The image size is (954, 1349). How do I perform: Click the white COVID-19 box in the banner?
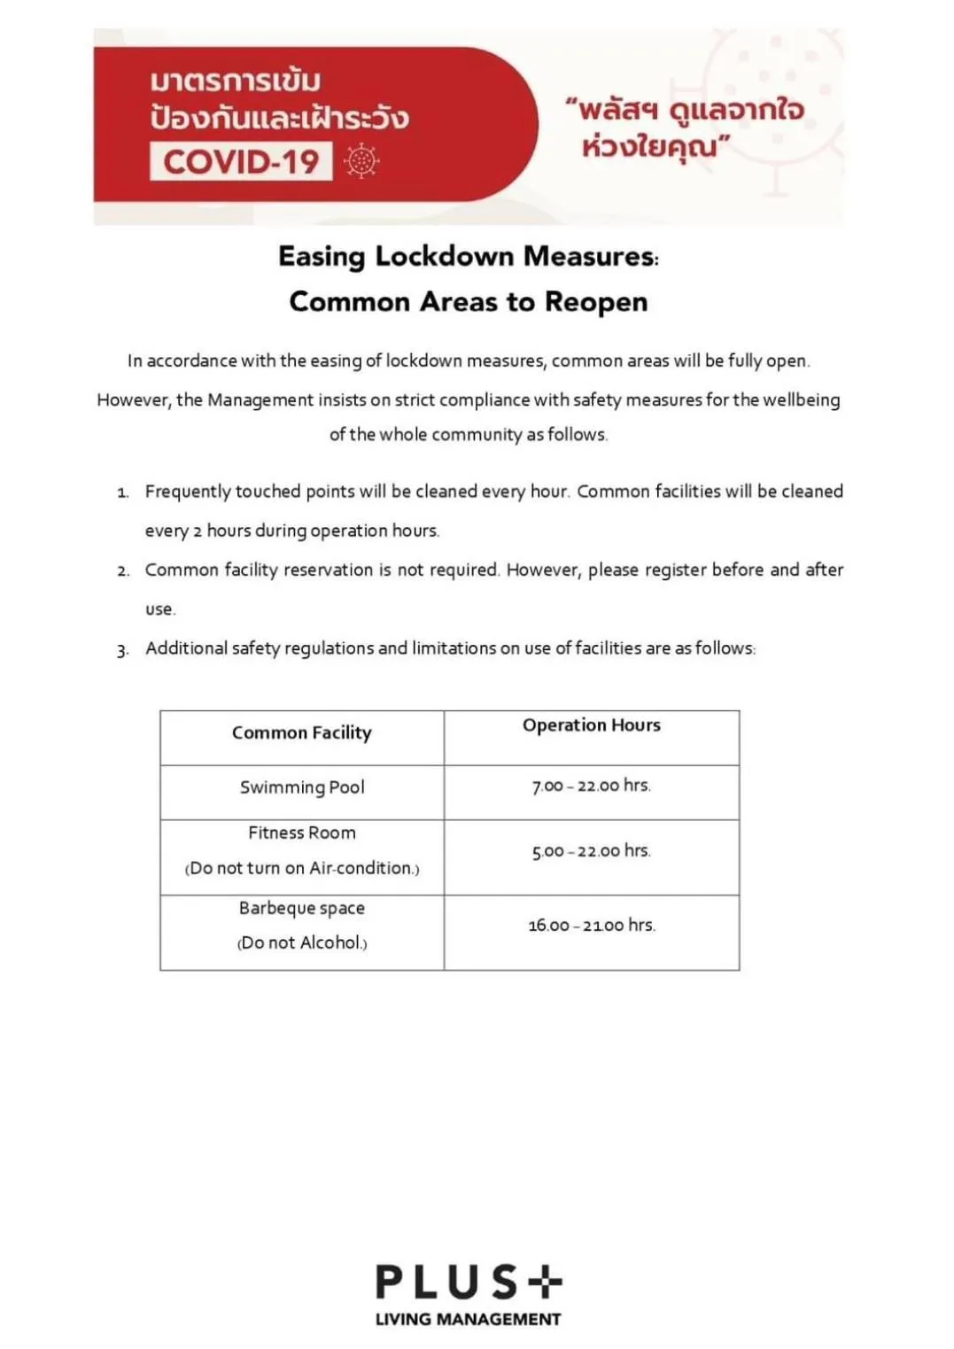tap(241, 161)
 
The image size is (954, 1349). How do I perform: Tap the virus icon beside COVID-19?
tap(361, 161)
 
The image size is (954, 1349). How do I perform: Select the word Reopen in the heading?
tap(596, 302)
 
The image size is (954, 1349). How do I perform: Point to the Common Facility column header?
tap(301, 733)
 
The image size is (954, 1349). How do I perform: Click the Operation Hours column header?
tap(591, 725)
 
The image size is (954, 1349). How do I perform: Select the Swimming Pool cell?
tap(302, 787)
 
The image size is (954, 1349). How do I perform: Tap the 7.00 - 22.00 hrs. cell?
tap(591, 786)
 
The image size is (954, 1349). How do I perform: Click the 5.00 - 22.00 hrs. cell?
tap(591, 851)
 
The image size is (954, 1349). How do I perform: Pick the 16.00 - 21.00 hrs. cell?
tap(591, 926)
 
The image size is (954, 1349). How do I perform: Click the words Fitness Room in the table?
tap(302, 833)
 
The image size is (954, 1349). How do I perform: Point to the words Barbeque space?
tap(302, 908)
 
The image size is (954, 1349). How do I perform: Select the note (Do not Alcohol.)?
tap(302, 943)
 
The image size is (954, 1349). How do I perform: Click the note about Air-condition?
tap(302, 868)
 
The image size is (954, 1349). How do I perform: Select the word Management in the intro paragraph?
tap(260, 400)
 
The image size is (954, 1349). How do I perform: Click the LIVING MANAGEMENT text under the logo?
tap(468, 1320)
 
